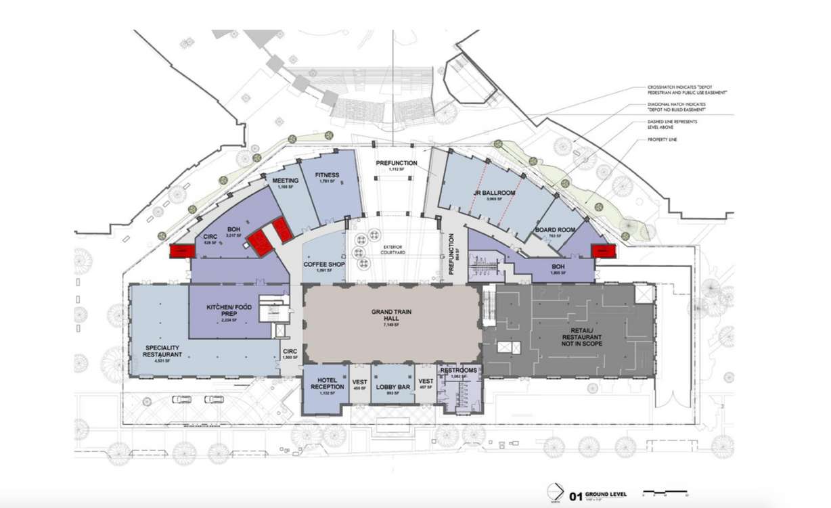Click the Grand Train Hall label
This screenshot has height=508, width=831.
[x=392, y=312]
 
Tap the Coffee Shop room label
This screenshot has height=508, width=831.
[x=323, y=264]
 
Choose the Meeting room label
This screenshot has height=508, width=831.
[x=285, y=182]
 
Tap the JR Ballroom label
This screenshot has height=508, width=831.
[x=495, y=193]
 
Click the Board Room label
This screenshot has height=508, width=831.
[x=555, y=230]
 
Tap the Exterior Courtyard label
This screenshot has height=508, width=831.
[x=392, y=248]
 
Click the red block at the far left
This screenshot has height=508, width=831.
[x=179, y=251]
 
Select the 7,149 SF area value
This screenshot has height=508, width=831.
[x=392, y=325]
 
